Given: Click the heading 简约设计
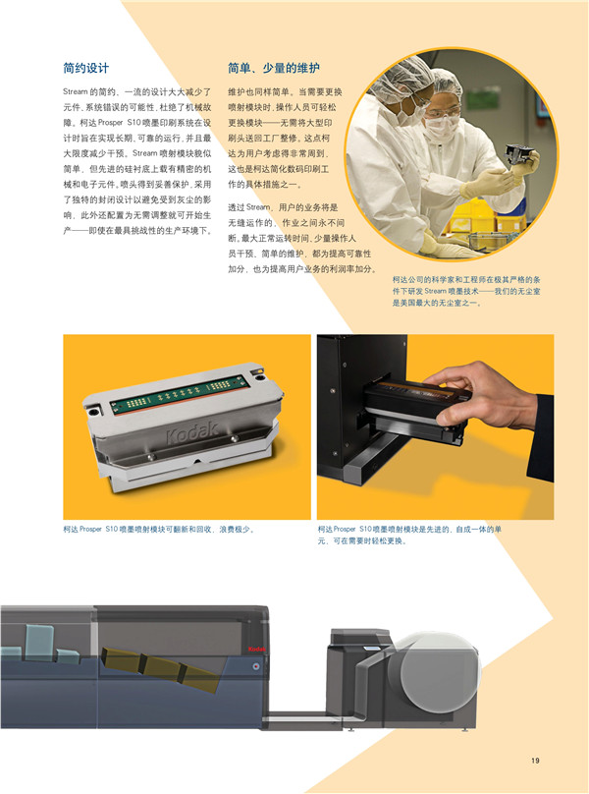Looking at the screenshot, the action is pos(86,68).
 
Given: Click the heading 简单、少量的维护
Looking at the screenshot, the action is pos(274,68).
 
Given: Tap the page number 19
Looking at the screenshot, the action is pos(535,760).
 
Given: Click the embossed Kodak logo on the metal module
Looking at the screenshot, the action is pos(192,432).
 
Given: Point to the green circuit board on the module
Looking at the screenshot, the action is pos(181,392).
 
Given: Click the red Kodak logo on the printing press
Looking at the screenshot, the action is pos(256,649).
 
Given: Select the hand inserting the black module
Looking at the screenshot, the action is pos(476,395).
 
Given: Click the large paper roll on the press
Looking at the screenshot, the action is pos(439,675).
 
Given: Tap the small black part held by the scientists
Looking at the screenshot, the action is pos(518,155).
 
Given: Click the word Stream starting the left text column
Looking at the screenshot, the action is pos(75,92).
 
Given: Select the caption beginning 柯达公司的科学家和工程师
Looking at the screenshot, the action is pos(466,291).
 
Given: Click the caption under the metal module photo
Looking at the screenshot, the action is pos(159,529).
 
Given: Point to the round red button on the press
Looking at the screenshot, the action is pos(256,667).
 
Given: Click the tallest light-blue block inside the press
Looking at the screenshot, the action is pos(39,642).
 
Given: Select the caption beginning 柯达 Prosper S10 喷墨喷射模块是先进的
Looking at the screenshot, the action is pos(409,535).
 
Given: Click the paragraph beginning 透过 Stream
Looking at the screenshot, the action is pos(302,238).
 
